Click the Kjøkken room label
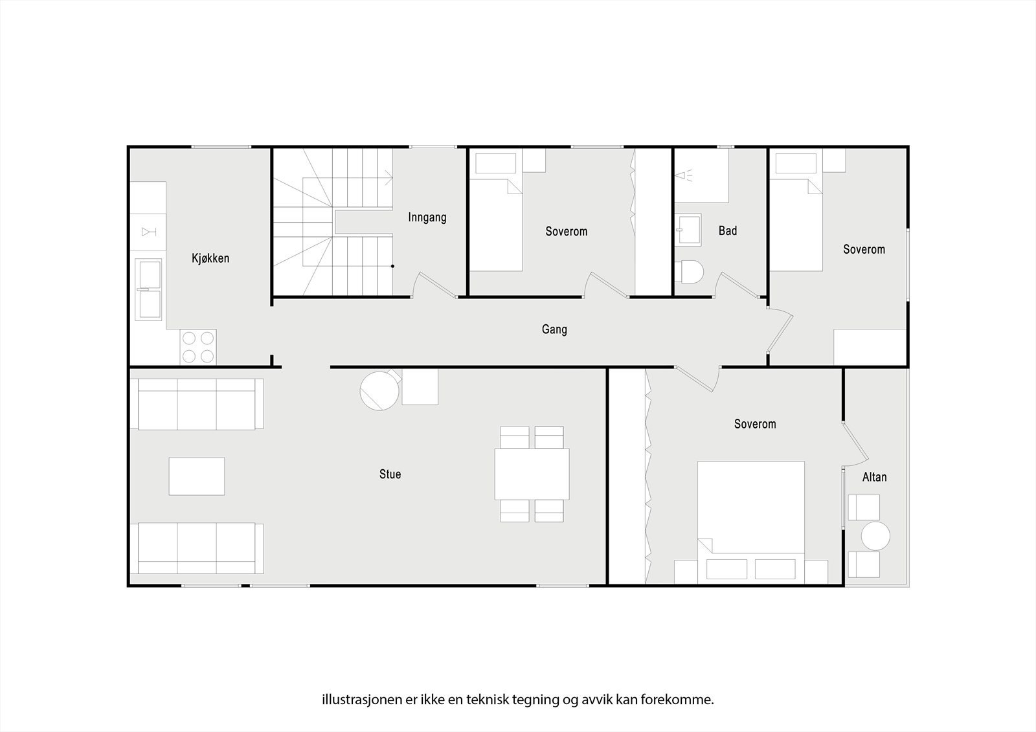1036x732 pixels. click(x=210, y=258)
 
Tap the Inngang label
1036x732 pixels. click(x=427, y=217)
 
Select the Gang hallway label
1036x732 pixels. click(x=554, y=329)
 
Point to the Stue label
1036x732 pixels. click(x=390, y=474)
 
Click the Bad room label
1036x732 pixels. click(x=728, y=230)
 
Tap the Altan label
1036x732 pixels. click(x=874, y=477)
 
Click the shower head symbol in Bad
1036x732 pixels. click(x=682, y=175)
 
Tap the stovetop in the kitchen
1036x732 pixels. click(x=197, y=347)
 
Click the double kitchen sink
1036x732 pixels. click(x=148, y=289)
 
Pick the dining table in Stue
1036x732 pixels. click(x=532, y=474)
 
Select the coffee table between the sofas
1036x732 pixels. click(x=197, y=476)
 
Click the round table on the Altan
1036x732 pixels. click(x=875, y=536)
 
